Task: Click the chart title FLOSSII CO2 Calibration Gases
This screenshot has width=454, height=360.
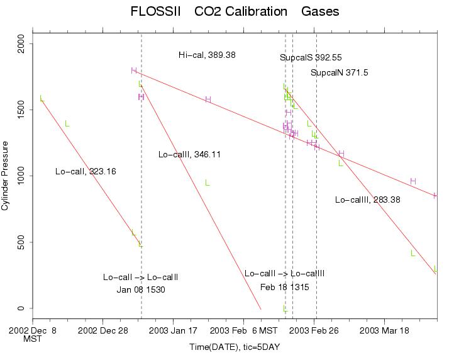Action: click(x=234, y=11)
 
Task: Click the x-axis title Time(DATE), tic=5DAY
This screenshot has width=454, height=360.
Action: click(x=234, y=347)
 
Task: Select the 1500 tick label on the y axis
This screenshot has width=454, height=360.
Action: click(x=23, y=109)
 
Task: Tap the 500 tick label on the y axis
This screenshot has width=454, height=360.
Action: click(x=23, y=242)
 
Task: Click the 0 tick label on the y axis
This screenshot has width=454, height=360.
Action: click(x=23, y=308)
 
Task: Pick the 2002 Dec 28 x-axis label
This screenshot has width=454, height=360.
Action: click(x=103, y=330)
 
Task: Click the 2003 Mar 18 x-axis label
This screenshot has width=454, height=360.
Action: click(x=385, y=330)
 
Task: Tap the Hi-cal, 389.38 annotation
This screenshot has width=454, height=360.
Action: click(x=207, y=55)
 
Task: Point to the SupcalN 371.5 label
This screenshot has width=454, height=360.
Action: click(x=339, y=73)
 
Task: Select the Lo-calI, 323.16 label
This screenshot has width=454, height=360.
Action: click(x=86, y=171)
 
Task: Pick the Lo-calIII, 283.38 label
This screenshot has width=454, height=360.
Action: click(x=368, y=200)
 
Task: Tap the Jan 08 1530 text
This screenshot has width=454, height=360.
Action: click(x=141, y=290)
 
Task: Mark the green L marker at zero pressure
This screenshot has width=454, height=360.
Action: click(x=285, y=308)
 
